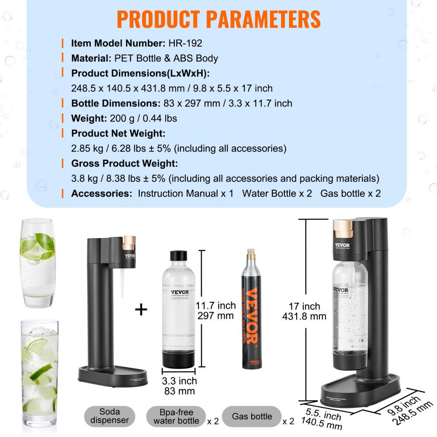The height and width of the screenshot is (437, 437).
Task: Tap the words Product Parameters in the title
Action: [218, 19]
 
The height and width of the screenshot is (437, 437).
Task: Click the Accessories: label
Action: [101, 193]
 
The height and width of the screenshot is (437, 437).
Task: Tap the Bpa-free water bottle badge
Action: [176, 416]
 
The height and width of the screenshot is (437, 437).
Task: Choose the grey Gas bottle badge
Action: [252, 416]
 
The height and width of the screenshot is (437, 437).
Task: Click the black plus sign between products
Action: [141, 310]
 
